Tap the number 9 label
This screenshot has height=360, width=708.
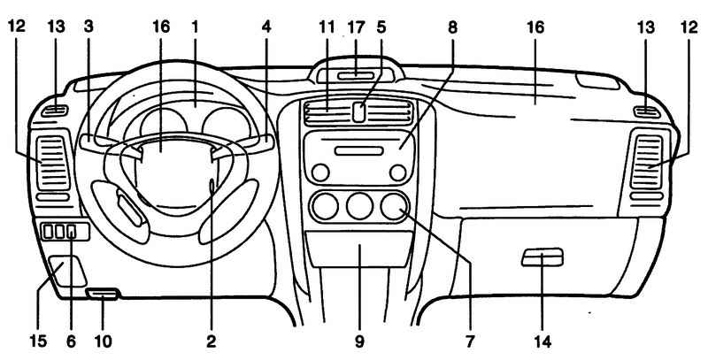359,338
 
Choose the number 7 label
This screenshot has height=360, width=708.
470,338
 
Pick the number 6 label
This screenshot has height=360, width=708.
71,338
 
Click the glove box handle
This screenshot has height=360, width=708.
541,257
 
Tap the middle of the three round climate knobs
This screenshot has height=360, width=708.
358,209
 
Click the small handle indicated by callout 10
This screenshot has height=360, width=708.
104,293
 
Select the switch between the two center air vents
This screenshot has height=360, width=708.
359,111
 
